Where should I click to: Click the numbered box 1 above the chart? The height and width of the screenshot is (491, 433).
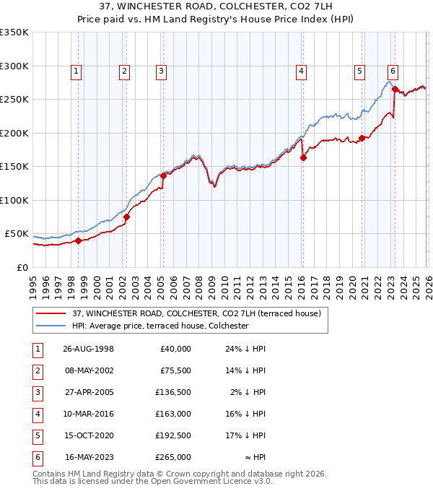click(76, 71)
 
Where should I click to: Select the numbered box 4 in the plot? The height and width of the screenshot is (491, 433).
click(300, 71)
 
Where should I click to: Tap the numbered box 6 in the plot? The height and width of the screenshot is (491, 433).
click(393, 71)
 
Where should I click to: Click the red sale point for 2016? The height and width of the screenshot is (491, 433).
click(303, 158)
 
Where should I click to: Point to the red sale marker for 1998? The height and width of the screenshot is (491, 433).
click(79, 241)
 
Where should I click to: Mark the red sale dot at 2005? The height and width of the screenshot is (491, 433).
click(164, 175)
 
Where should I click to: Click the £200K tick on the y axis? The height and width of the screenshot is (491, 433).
click(14, 133)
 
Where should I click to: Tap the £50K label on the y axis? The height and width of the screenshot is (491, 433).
click(17, 234)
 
